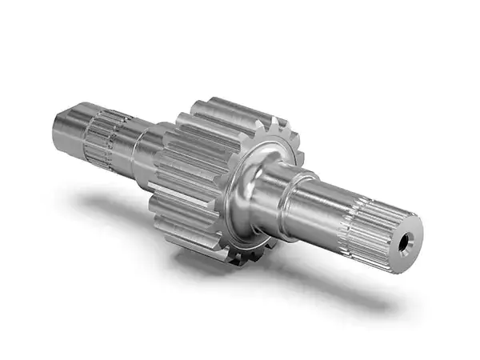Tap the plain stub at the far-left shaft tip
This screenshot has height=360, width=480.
68,128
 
